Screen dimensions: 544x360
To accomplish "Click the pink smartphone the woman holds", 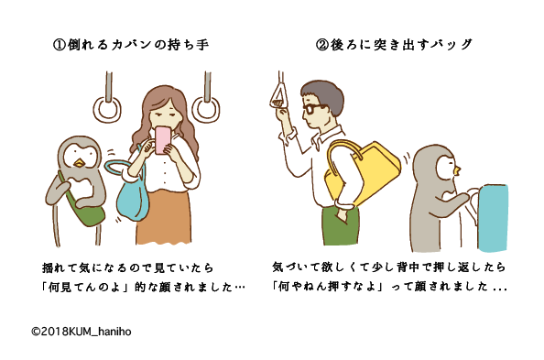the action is [162, 139].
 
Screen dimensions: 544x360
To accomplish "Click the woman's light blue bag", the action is [129, 194].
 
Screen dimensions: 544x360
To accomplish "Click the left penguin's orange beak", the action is [80, 163].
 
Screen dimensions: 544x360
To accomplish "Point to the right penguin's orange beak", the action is [457, 169].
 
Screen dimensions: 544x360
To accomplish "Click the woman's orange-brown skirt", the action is [164, 216].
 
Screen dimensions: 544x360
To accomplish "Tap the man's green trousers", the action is [341, 224].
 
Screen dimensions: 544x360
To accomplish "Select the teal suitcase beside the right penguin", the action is [493, 218].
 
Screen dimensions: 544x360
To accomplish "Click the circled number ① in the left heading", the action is [60, 45].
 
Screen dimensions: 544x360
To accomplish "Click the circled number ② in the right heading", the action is [322, 45].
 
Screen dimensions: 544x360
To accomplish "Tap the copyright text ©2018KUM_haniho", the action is [82, 332].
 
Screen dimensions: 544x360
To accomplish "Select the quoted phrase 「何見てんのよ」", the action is [87, 287].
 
